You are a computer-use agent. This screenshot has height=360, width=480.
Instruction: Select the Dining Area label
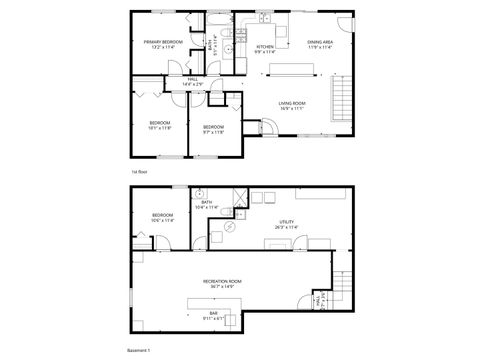click(x=321, y=42)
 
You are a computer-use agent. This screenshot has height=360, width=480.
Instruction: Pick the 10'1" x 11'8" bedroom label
click(x=160, y=125)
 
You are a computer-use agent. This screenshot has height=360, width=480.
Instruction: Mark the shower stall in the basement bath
click(x=239, y=197)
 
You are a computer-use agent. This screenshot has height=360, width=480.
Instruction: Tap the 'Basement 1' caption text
click(x=139, y=351)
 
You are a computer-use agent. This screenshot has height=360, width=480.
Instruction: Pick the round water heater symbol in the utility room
click(x=229, y=227)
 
